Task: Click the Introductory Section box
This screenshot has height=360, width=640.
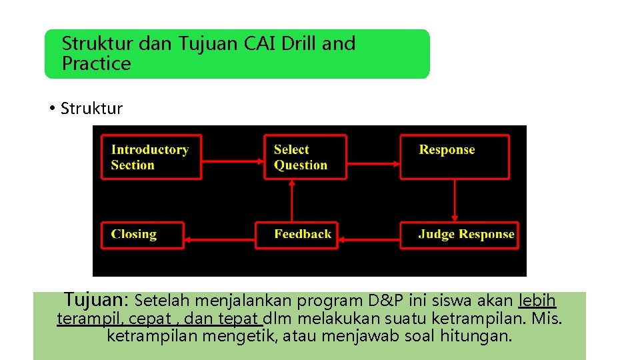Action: click(151, 157)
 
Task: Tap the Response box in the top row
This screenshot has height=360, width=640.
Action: click(455, 157)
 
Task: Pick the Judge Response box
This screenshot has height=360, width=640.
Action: click(459, 235)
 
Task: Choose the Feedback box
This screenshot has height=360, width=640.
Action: click(296, 235)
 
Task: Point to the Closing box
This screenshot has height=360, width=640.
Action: click(142, 235)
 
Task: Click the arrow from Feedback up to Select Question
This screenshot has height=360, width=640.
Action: click(291, 201)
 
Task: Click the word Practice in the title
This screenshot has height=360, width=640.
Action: click(96, 64)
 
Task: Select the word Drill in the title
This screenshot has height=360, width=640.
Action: click(299, 44)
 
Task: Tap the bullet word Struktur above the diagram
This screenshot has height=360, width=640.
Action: click(91, 109)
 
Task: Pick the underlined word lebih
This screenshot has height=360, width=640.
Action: click(537, 301)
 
